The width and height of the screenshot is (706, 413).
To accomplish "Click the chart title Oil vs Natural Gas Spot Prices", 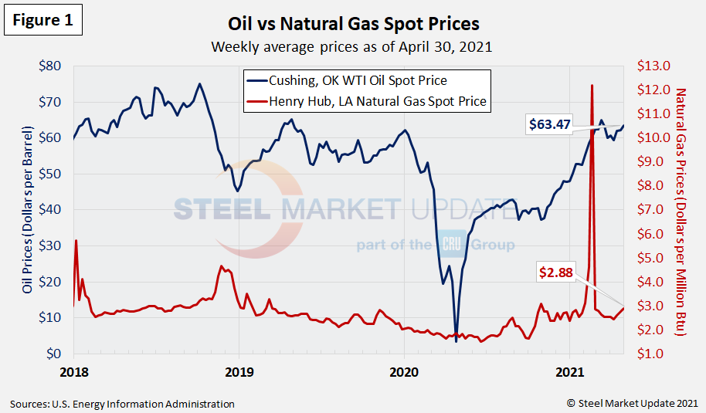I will (x=353, y=24).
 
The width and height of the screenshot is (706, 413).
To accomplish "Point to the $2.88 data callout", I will (x=557, y=273).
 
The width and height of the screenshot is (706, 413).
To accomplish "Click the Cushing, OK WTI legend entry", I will (x=358, y=80).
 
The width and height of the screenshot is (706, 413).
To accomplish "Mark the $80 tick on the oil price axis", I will (x=52, y=66).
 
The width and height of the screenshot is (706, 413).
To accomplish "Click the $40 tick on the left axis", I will (x=52, y=209).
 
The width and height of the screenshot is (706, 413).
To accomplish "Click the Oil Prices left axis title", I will (x=27, y=210).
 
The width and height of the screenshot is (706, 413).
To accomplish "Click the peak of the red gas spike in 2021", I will (x=592, y=86).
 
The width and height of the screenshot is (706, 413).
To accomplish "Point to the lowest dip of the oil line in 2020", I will (x=457, y=340).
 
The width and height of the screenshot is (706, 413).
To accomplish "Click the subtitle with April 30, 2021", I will (x=352, y=46).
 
